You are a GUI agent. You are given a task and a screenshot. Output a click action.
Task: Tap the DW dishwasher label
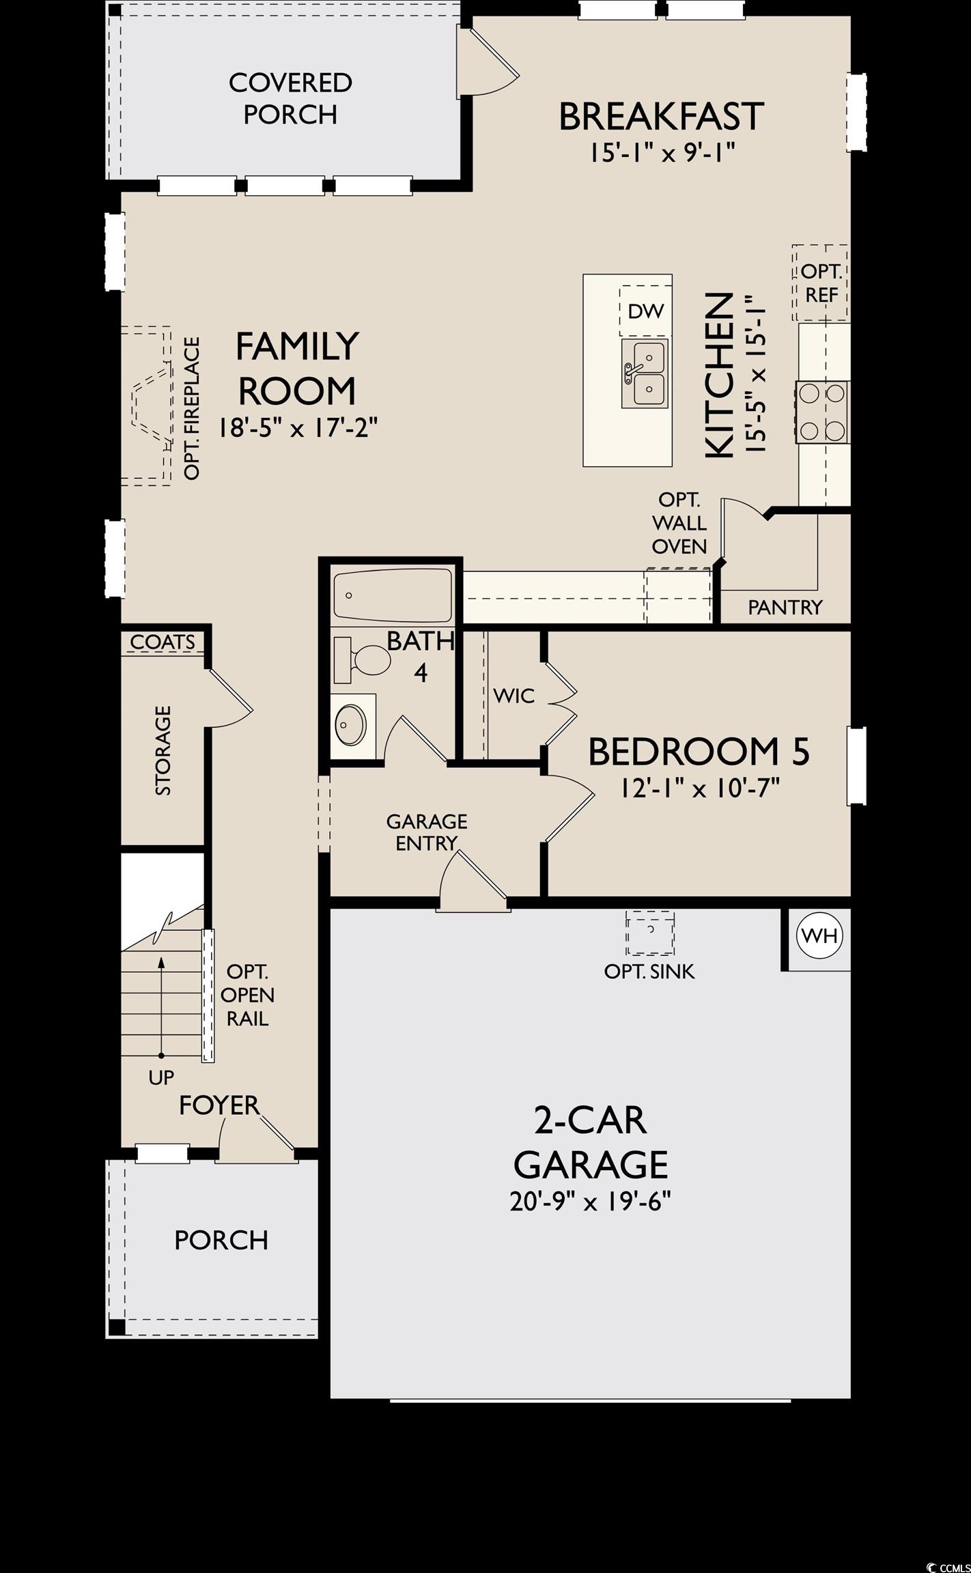click(646, 312)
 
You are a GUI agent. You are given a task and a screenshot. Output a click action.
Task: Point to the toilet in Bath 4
click(361, 660)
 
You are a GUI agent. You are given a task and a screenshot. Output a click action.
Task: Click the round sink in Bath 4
click(351, 725)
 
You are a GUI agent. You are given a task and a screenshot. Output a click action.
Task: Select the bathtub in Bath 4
click(393, 595)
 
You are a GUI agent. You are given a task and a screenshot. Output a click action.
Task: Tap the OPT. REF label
click(821, 283)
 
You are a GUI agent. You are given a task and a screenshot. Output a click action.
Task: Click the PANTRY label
click(785, 607)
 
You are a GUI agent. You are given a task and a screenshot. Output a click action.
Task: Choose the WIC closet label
click(514, 696)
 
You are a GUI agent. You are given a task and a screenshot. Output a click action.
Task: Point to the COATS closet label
click(163, 642)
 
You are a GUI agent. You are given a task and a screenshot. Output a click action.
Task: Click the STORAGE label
click(163, 751)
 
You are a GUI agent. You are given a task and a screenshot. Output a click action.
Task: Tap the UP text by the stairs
click(161, 1078)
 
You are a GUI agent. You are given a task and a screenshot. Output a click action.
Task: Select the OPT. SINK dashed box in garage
click(650, 933)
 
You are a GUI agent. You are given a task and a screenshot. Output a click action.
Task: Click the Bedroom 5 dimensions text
click(700, 789)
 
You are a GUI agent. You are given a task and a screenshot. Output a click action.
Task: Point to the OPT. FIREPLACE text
click(193, 408)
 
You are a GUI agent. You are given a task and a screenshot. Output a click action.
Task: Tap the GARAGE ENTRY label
click(427, 832)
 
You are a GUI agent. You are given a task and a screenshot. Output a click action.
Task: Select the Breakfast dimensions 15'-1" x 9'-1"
click(662, 153)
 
